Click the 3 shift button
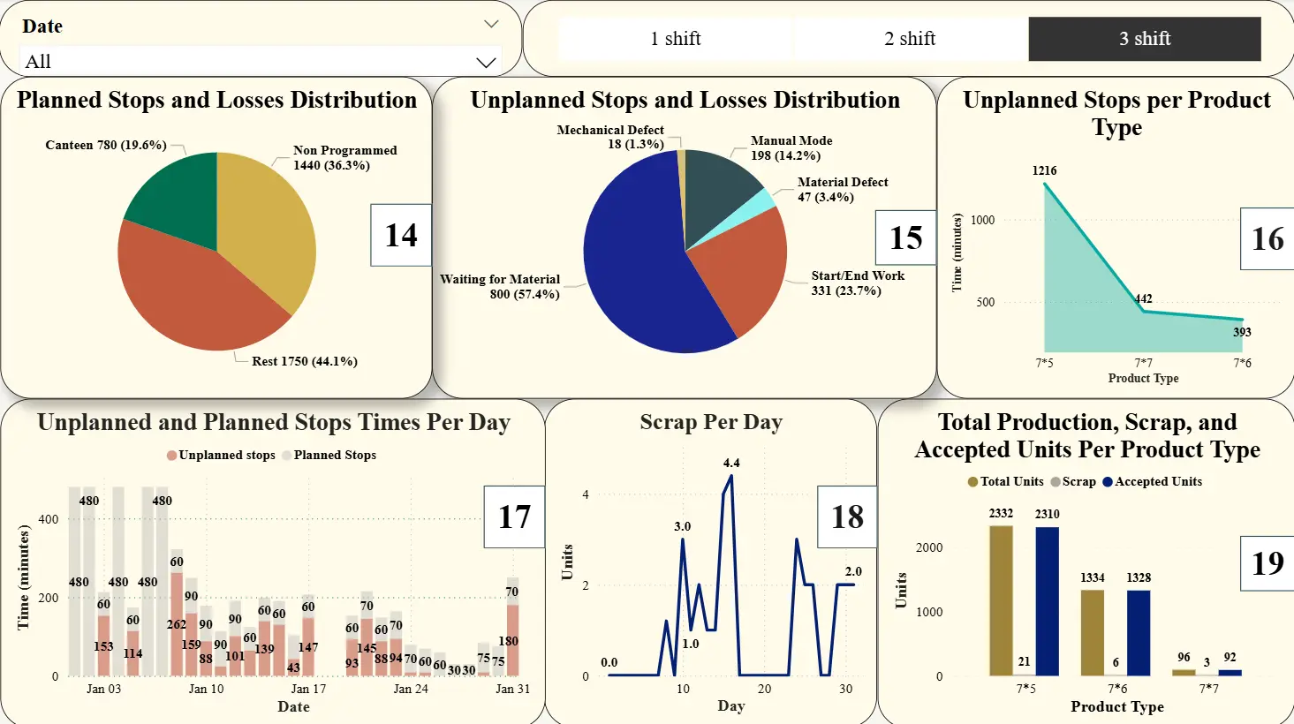pos(1144,39)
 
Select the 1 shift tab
pos(676,39)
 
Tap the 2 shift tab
pos(910,39)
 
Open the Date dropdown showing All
pos(261,62)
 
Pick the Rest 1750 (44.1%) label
pos(304,361)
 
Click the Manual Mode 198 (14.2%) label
pos(791,148)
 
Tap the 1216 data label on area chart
pos(1044,170)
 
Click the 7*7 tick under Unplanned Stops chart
pos(1143,363)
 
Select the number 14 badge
pos(401,235)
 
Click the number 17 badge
pos(514,517)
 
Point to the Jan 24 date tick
pos(411,689)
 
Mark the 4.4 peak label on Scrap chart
pos(731,463)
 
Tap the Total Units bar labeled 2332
pos(1001,600)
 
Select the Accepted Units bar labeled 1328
pos(1139,632)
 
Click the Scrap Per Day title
pos(711,423)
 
